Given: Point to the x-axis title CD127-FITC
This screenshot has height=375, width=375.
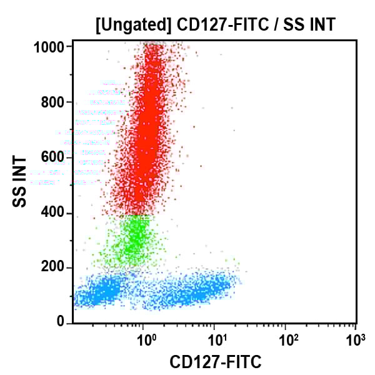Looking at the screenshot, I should tap(216, 361).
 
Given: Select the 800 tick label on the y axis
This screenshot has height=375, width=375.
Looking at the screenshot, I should tap(55, 102).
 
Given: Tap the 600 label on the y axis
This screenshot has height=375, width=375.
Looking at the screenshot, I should tap(55, 157).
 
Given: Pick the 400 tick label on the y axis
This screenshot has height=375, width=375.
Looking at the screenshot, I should tap(55, 212).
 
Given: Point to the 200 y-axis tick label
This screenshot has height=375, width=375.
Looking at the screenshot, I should tap(55, 267).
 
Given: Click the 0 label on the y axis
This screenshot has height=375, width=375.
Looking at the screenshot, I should tap(61, 322).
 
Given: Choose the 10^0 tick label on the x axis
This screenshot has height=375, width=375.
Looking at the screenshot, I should tap(146, 341).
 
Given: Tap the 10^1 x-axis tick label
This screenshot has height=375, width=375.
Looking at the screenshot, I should tap(216, 341).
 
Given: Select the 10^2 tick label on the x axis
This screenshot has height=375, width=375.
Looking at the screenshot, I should tap(287, 341).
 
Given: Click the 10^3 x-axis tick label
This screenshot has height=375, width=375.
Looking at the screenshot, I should tap(356, 341).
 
